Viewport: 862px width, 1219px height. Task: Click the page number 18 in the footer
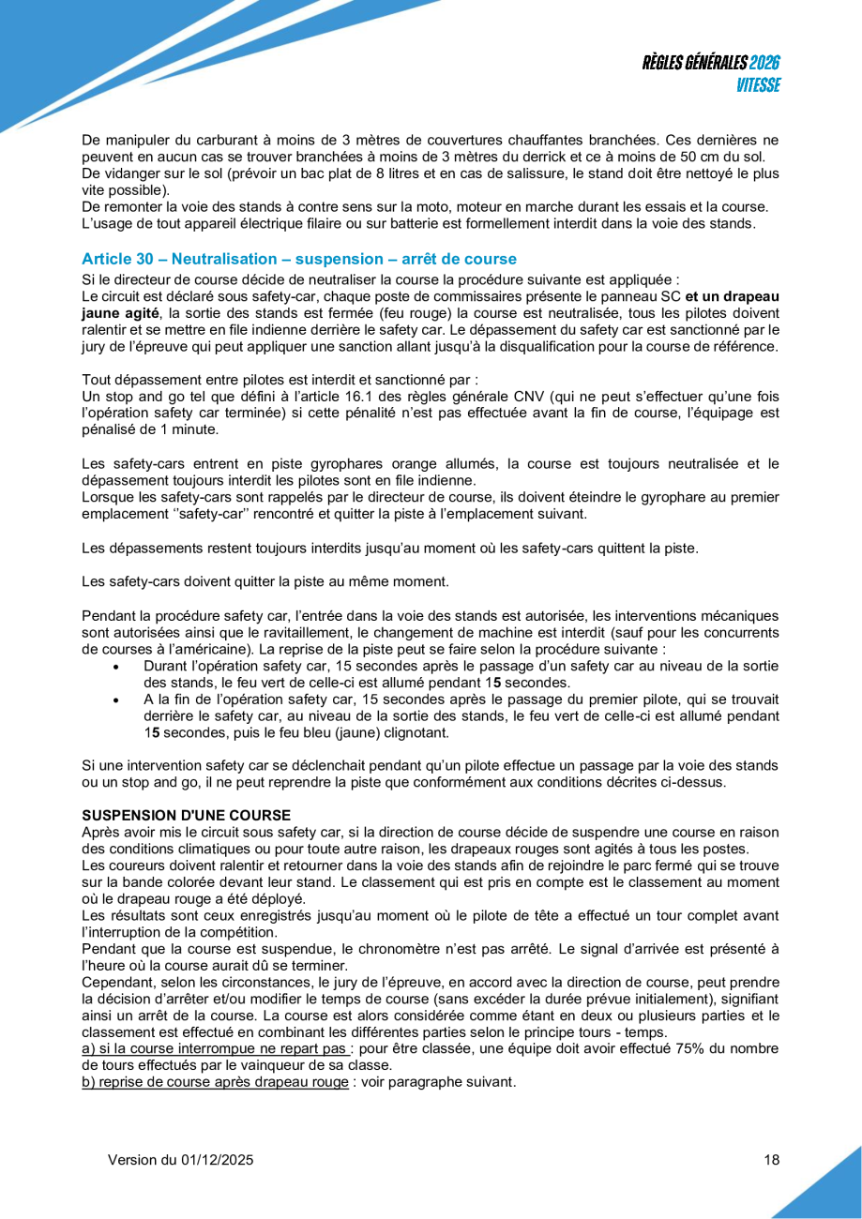click(772, 1160)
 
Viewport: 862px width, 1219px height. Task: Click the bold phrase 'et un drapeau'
click(733, 295)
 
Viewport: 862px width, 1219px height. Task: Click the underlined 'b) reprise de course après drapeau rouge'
click(215, 1081)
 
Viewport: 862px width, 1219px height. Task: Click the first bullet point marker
click(115, 667)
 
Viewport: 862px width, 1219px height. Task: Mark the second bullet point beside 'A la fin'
click(115, 700)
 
